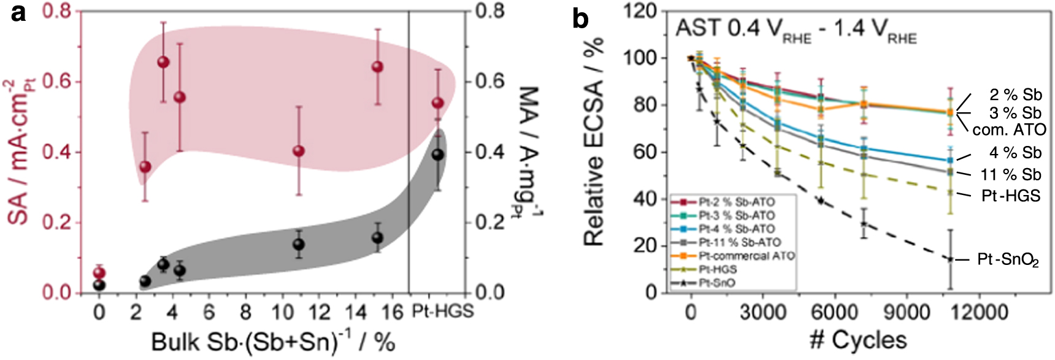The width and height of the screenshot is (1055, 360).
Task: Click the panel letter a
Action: (18, 13)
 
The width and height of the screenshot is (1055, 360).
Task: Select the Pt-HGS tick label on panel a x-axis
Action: (442, 312)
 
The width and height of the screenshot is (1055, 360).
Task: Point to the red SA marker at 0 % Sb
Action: (99, 273)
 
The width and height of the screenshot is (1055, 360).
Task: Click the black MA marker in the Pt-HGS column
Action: (438, 155)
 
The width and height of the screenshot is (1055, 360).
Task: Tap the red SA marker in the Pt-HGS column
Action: (438, 102)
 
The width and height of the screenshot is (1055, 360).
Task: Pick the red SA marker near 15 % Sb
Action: (377, 66)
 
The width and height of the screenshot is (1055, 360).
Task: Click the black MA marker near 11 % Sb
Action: (299, 244)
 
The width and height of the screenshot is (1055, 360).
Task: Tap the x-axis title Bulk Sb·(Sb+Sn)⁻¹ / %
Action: (273, 342)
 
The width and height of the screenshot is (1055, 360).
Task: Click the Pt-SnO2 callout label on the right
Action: (1008, 260)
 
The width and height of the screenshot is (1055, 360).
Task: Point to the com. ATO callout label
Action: (1009, 130)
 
